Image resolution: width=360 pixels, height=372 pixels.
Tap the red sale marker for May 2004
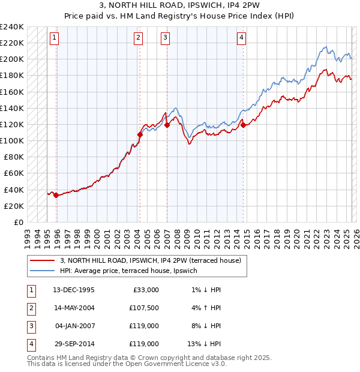pyautogui.click(x=140, y=135)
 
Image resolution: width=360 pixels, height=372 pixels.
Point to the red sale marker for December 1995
pyautogui.click(x=56, y=195)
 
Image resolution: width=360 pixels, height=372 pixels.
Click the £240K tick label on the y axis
pyautogui.click(x=11, y=27)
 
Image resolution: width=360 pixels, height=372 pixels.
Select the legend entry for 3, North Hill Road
pyautogui.click(x=151, y=260)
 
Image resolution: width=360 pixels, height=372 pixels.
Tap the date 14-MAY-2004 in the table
pyautogui.click(x=74, y=308)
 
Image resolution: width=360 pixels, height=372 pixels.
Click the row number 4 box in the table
pyautogui.click(x=31, y=344)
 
